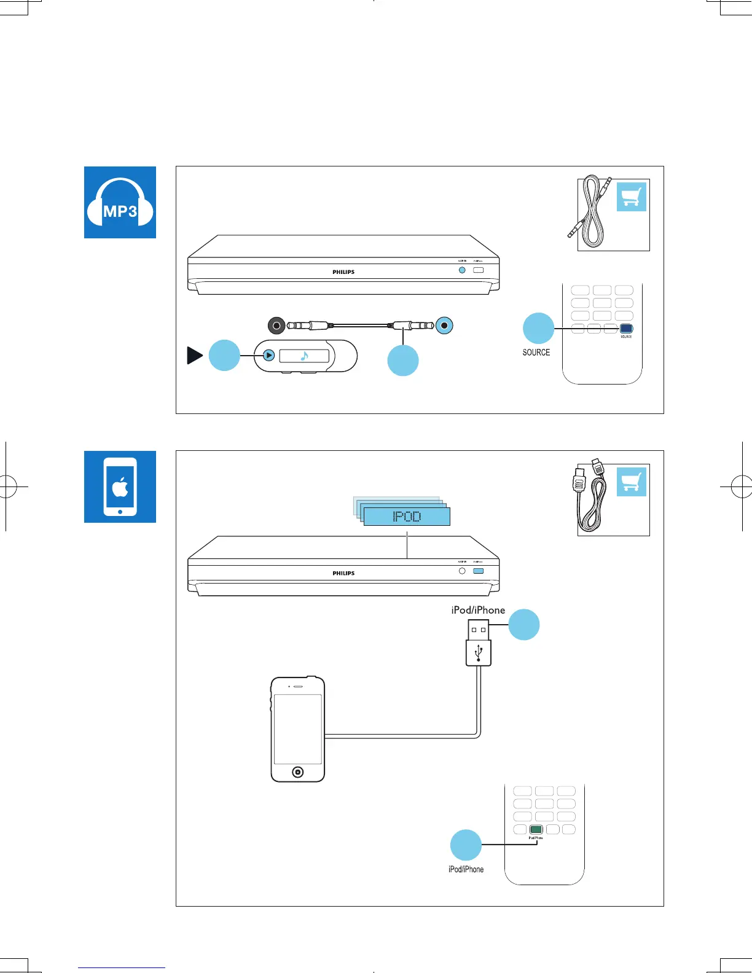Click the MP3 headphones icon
(120, 202)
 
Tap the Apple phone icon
(120, 486)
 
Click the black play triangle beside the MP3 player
(195, 356)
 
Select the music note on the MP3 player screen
(304, 356)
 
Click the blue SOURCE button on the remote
(626, 329)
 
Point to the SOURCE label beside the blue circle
(536, 353)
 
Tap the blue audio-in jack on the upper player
(462, 270)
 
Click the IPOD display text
(407, 517)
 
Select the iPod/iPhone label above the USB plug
(478, 610)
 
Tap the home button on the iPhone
(298, 772)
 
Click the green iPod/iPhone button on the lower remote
(536, 829)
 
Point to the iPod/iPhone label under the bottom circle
(466, 869)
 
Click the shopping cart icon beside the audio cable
(632, 197)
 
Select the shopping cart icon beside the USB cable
(632, 482)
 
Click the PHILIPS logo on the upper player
(343, 272)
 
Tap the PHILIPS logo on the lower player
(343, 573)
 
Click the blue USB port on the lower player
(479, 571)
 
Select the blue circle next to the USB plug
(524, 625)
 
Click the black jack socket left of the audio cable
(276, 326)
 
